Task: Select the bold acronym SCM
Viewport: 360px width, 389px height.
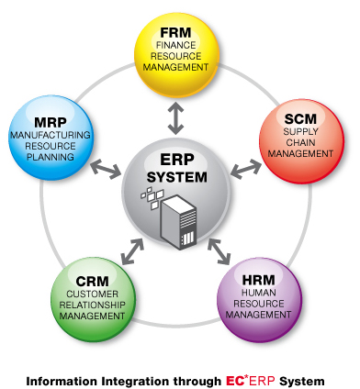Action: point(302,119)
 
